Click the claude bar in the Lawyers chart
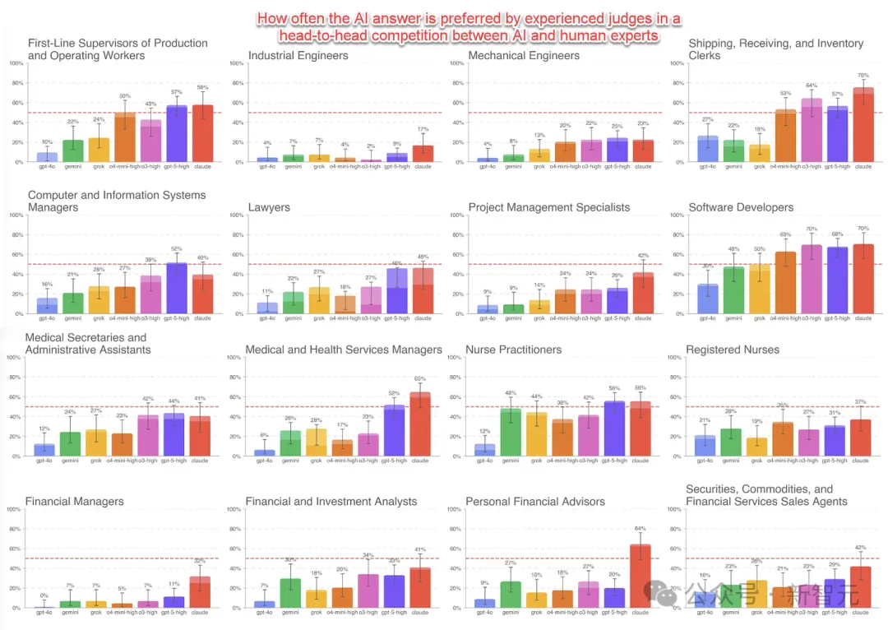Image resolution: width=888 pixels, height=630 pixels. click(423, 290)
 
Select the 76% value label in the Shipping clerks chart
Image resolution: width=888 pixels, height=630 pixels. click(863, 76)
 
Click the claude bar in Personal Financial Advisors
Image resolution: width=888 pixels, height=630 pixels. click(640, 577)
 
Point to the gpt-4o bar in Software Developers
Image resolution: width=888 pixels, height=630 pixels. click(707, 299)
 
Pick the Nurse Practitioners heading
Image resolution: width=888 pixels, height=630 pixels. click(514, 350)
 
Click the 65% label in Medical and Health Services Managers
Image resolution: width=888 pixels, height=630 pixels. click(420, 379)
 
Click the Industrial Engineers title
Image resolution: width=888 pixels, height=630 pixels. click(298, 56)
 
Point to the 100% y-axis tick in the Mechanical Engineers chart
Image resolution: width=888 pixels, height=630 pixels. click(455, 63)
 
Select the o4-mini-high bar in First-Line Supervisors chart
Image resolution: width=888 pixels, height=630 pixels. click(125, 137)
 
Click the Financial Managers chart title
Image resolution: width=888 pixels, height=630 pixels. click(75, 502)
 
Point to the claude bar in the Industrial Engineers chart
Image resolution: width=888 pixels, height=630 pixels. click(423, 154)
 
